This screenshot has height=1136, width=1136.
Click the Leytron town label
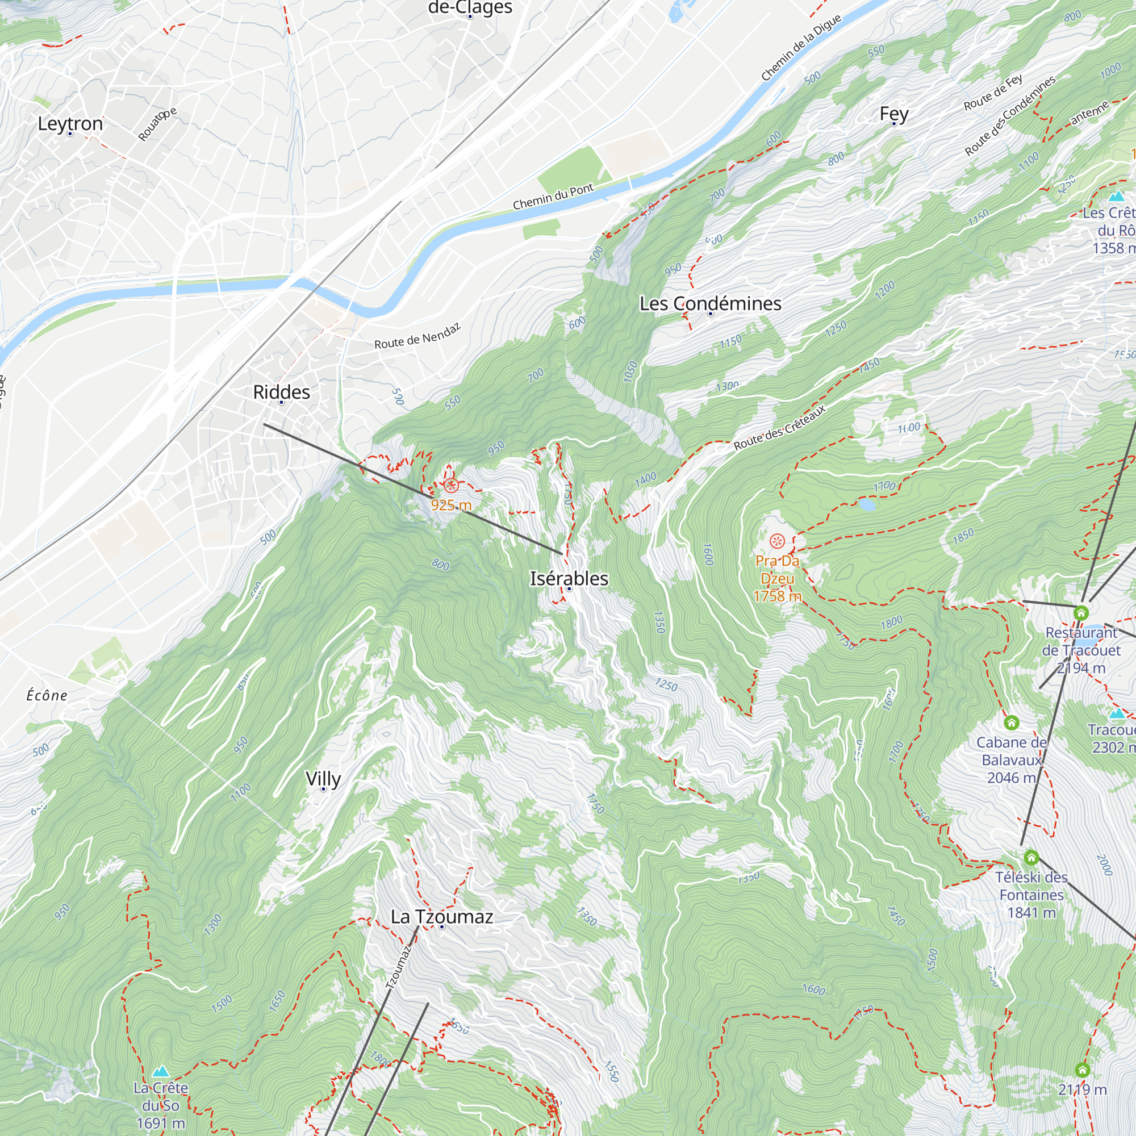70,123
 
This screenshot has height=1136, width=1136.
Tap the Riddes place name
281,391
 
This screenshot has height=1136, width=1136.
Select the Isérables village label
569,578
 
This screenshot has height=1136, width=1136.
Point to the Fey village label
893,114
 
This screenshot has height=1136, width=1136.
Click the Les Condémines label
711,303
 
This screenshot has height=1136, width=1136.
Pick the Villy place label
323,779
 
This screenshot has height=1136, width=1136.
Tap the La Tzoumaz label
441,916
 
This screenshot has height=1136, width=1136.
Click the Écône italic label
47,696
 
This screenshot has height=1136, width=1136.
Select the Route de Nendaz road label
417,336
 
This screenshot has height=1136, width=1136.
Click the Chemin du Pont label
553,197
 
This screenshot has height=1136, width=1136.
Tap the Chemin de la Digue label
801,47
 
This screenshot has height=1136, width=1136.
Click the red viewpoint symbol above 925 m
451,485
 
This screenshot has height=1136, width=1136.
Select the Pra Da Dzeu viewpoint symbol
776,540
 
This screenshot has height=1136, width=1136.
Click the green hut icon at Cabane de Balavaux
1011,722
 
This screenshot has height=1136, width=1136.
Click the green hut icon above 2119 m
1082,1069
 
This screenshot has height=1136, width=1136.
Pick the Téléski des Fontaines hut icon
1031,857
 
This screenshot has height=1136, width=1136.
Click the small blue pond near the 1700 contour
866,504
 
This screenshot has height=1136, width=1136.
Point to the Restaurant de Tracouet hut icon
1081,613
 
